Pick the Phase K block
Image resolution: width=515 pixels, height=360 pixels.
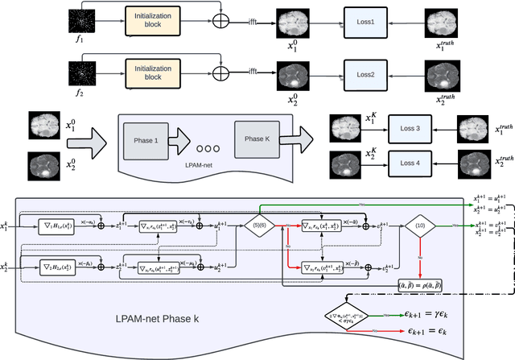pos(255,139)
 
